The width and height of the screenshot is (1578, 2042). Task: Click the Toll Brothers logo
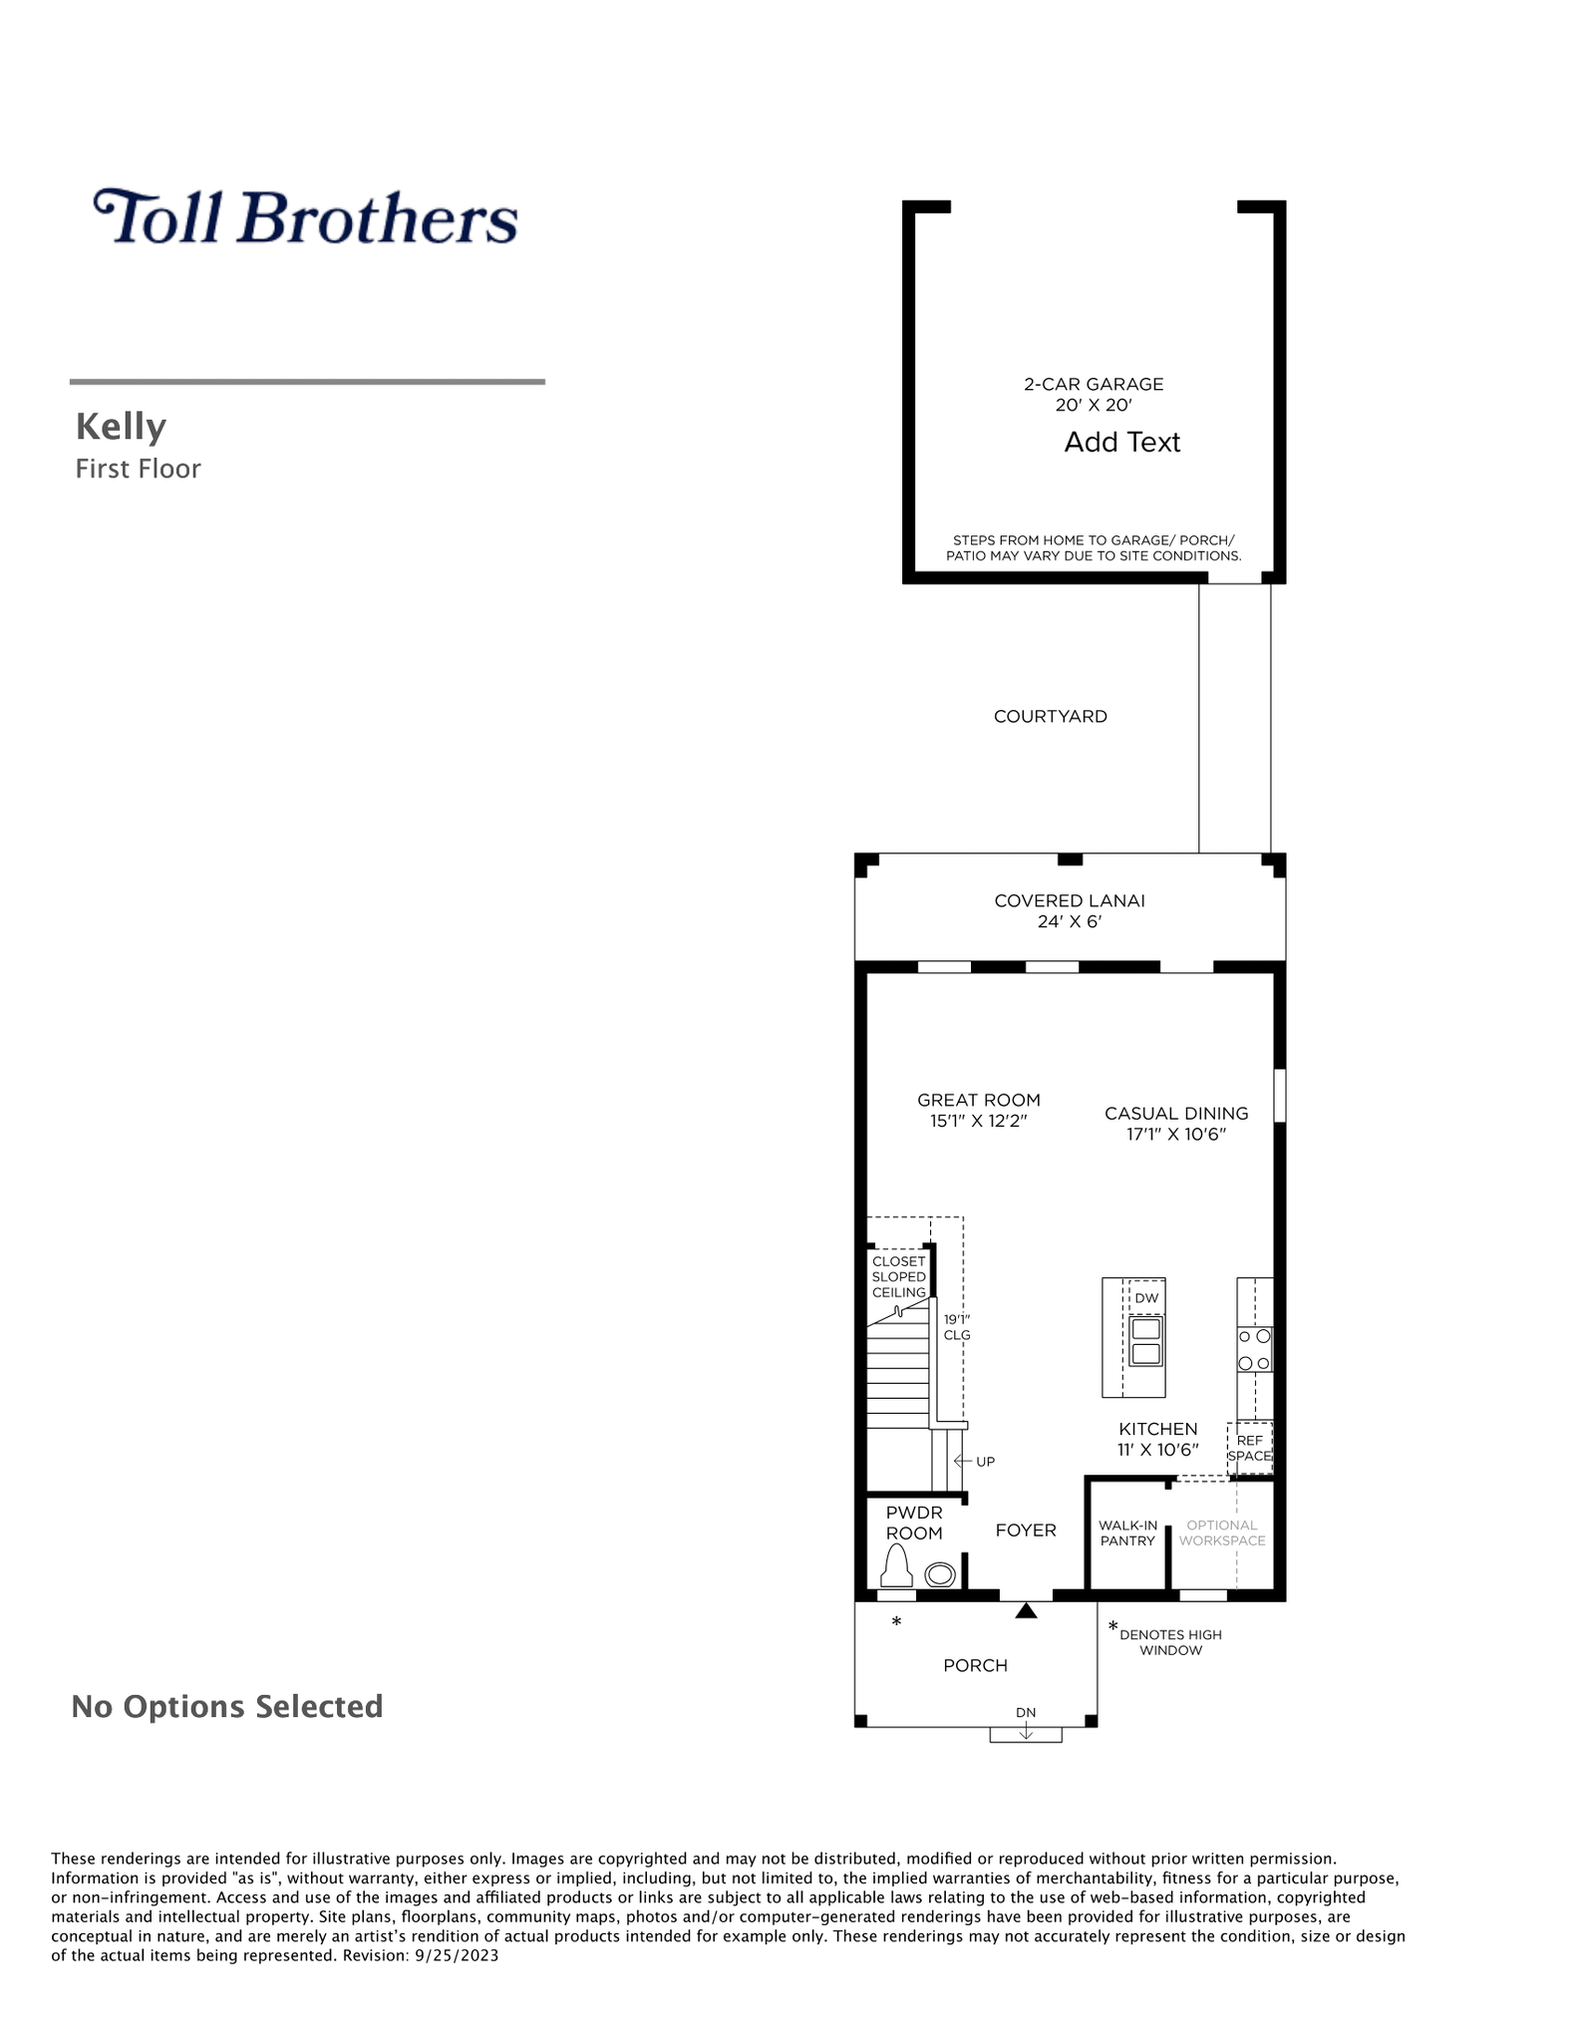(x=305, y=217)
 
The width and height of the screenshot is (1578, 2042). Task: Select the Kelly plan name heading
(x=121, y=427)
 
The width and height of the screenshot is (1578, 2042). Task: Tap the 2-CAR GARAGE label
(x=1094, y=384)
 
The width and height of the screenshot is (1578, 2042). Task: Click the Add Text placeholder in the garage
(x=1121, y=442)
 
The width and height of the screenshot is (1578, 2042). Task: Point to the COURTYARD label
(x=1051, y=716)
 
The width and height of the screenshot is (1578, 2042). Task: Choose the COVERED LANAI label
(x=1070, y=900)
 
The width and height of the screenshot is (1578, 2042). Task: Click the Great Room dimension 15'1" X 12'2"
(x=979, y=1121)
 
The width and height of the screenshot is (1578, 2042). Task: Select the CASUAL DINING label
(x=1176, y=1113)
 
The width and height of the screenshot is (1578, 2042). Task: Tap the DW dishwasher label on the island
(x=1146, y=1298)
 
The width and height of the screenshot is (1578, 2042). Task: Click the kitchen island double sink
(x=1145, y=1341)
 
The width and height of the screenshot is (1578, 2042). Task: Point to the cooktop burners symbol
(x=1254, y=1349)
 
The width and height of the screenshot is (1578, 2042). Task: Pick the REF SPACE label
(x=1250, y=1448)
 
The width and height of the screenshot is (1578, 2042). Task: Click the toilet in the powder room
(x=897, y=1565)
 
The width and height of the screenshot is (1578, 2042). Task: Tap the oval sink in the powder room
(x=940, y=1575)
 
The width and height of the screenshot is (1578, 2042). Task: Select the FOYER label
(x=1026, y=1530)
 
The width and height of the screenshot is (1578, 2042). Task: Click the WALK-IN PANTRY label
(x=1127, y=1532)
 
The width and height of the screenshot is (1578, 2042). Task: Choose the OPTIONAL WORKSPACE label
(x=1222, y=1532)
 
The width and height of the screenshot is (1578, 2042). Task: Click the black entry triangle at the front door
(x=1026, y=1609)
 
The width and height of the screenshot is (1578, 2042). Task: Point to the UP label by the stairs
(x=985, y=1462)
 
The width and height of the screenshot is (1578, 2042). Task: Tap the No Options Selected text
(x=227, y=1706)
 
